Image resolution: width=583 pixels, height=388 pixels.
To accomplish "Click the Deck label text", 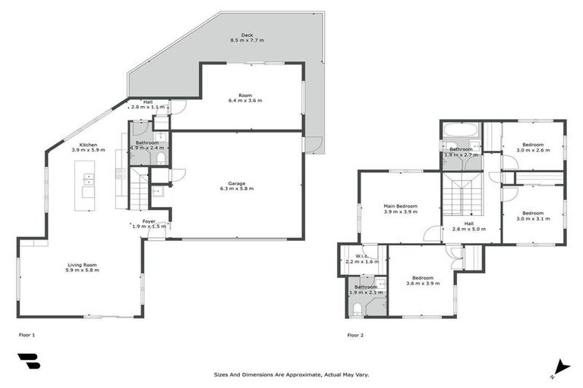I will click(x=247, y=35).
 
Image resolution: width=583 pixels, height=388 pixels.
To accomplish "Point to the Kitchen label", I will click(x=89, y=144).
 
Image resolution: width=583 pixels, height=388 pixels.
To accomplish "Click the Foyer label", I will click(x=149, y=221).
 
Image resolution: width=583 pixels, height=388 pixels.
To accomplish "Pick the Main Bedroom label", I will click(x=399, y=205).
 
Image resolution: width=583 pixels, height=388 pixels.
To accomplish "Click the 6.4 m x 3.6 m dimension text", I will click(x=244, y=100).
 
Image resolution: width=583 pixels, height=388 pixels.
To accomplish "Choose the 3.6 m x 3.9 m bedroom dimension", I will click(x=422, y=283).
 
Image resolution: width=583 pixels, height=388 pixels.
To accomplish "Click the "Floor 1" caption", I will click(x=27, y=334).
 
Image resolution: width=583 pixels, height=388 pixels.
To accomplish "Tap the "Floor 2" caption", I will click(x=355, y=334).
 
